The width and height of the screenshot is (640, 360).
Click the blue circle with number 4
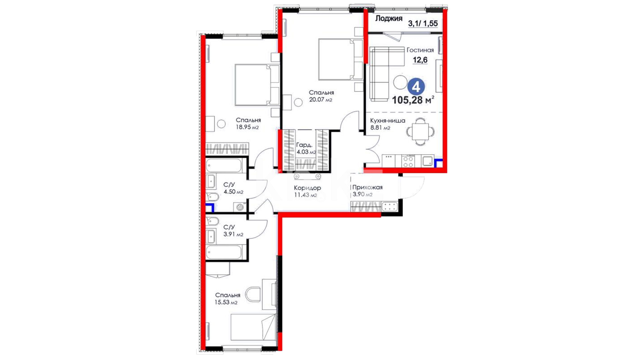(416, 87)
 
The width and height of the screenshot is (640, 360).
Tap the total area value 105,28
(407, 100)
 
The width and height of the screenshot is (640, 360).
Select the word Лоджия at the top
(389, 19)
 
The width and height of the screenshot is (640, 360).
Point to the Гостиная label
(420, 50)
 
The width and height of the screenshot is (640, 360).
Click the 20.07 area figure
(316, 99)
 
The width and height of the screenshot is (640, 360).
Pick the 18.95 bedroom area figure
(243, 127)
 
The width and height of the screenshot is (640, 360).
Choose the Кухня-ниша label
(388, 121)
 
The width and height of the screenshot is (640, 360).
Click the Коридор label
(307, 188)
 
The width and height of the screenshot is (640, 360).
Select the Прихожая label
(367, 187)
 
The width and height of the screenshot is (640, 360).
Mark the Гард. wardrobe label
(304, 145)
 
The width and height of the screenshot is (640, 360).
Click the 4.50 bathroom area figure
(229, 192)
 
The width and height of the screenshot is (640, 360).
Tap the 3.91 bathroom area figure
(229, 234)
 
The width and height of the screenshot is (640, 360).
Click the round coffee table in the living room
(400, 82)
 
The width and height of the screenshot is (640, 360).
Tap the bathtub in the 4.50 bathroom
(224, 165)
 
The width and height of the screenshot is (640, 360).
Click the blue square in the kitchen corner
(439, 163)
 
